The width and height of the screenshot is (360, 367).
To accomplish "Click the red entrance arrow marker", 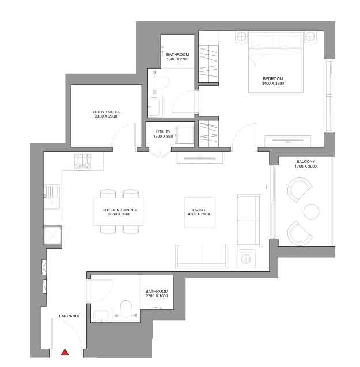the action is click(65, 352).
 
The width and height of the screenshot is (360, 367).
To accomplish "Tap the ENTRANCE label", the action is click(70, 316).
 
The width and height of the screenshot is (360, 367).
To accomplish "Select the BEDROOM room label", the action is click(273, 78).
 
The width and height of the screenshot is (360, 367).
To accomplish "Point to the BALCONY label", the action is click(306, 162).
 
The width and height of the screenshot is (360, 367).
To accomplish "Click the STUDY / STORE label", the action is click(106, 112).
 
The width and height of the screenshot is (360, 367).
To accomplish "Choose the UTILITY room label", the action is click(163, 132).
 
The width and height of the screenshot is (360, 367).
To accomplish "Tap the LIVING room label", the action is click(199, 210).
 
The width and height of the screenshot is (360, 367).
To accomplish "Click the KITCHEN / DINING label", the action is click(119, 210).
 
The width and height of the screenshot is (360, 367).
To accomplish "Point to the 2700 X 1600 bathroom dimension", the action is click(157, 296).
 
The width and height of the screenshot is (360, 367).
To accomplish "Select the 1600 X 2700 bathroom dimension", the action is click(177, 59).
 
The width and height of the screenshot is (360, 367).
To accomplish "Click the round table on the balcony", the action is click(311, 211).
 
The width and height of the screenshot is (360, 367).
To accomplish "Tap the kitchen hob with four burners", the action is click(82, 161).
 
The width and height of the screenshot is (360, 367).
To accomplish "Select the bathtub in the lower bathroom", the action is click(101, 316).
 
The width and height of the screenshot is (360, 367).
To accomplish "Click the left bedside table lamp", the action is click(241, 37).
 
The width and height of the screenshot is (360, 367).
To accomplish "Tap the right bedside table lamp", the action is click(310, 37).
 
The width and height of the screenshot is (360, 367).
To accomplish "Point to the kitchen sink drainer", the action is click(52, 191).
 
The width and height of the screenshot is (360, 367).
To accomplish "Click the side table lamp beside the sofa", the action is click(246, 259).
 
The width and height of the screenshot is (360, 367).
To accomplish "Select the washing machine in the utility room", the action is click(185, 135).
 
